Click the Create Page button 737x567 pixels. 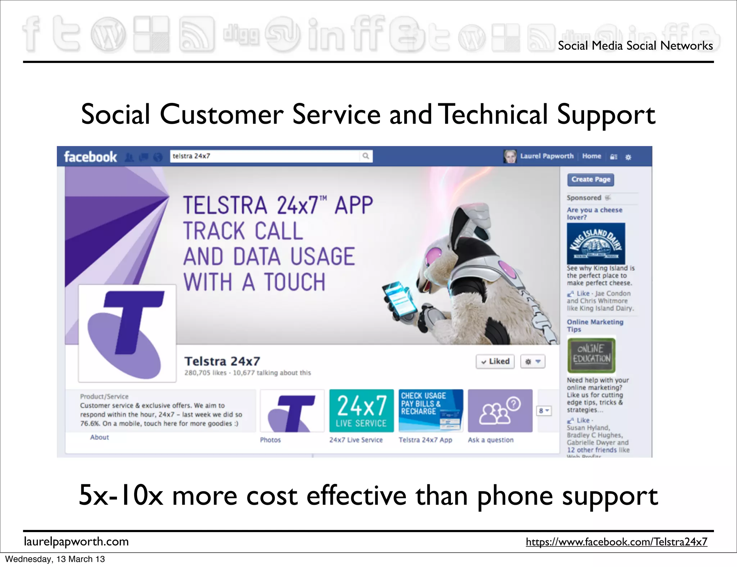(x=591, y=180)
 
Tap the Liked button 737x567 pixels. (x=495, y=361)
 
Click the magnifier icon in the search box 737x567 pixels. (x=366, y=156)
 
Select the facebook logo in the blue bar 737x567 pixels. (x=90, y=157)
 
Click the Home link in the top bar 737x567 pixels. (x=591, y=156)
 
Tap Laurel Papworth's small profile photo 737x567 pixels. (x=510, y=156)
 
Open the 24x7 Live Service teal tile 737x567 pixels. (x=361, y=410)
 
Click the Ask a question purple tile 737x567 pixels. (x=500, y=410)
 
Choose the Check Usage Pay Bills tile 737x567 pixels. (x=431, y=410)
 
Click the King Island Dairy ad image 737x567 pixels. (x=596, y=244)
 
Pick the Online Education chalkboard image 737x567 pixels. (x=592, y=355)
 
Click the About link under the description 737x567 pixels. (x=99, y=437)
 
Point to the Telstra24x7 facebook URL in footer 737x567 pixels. (x=616, y=541)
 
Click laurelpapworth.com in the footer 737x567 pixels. (x=76, y=541)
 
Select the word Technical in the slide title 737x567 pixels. (x=494, y=114)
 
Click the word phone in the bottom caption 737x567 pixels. (x=515, y=496)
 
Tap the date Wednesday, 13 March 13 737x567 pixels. (x=55, y=559)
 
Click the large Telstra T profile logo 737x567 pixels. (x=127, y=333)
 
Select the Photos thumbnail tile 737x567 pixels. (x=292, y=410)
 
